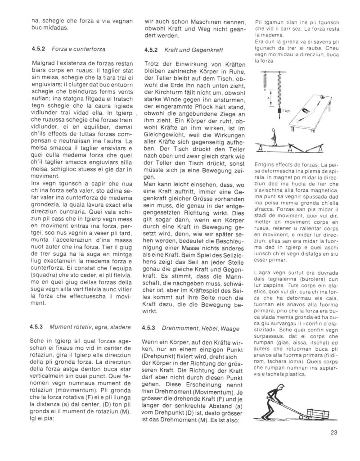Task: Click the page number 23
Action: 333,433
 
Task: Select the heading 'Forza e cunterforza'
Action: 79,48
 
